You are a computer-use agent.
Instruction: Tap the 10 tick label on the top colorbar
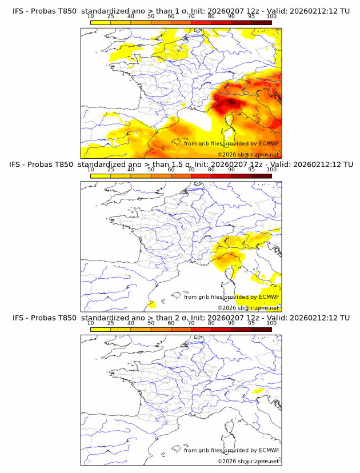click(91, 17)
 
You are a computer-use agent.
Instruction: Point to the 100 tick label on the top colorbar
click(271, 17)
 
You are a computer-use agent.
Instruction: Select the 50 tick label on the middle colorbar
click(151, 170)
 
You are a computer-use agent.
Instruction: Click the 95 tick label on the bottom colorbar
click(251, 323)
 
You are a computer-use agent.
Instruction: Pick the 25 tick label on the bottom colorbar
click(111, 323)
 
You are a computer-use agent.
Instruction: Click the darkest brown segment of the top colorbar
click(261, 23)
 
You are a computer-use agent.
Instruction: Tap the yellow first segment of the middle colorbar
click(101, 176)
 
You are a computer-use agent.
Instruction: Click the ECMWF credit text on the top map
click(231, 143)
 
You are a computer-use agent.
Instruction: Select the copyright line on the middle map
click(249, 307)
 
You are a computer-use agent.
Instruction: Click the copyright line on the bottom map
click(249, 461)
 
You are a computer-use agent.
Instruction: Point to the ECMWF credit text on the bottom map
click(231, 450)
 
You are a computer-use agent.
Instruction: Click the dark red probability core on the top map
click(231, 103)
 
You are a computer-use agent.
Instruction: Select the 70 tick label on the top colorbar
click(191, 17)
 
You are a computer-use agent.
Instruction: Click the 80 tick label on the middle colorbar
click(211, 170)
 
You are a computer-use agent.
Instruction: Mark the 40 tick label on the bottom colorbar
click(131, 323)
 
